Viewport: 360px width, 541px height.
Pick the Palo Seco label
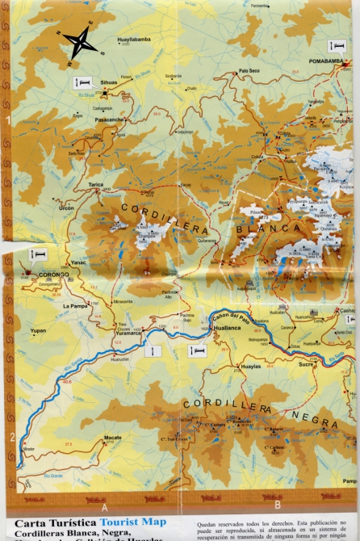pyautogui.click(x=252, y=72)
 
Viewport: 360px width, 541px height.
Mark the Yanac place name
pyautogui.click(x=78, y=262)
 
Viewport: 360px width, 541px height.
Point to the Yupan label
pyautogui.click(x=37, y=331)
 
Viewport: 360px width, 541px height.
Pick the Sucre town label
pyautogui.click(x=306, y=365)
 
